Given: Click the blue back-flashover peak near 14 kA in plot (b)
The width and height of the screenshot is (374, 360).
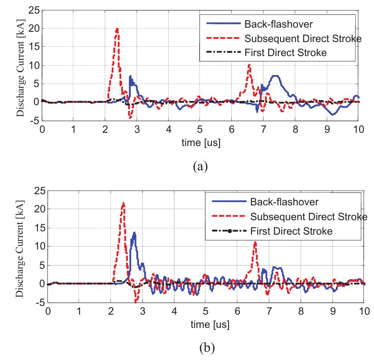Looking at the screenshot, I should [134, 233].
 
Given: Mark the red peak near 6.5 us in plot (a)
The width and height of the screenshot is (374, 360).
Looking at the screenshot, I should [249, 65].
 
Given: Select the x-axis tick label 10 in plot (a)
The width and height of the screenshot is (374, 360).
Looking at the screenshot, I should [359, 129].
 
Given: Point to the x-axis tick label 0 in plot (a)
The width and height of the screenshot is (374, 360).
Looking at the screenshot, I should [42, 129].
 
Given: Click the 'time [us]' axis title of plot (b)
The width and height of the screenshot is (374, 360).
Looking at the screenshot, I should [206, 325].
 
